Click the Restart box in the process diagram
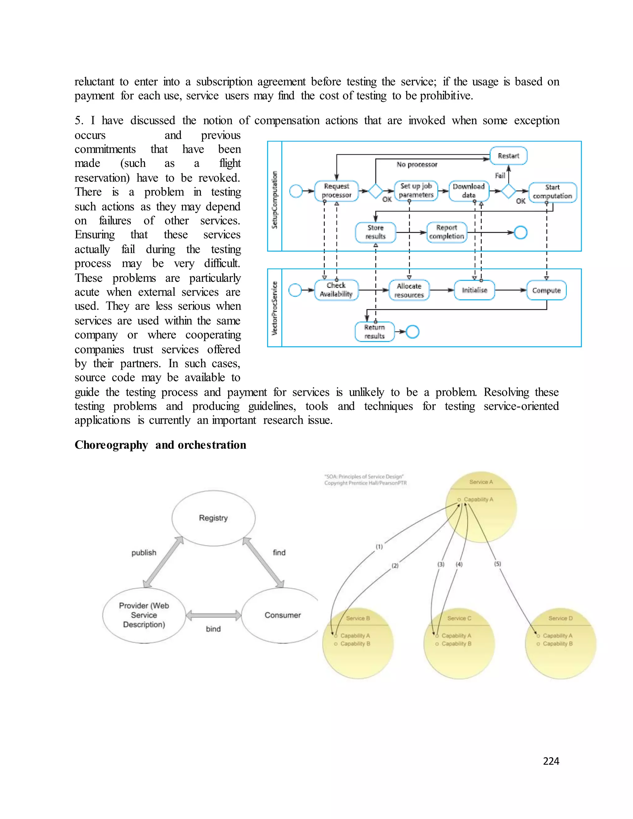(x=508, y=156)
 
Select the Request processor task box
(x=336, y=191)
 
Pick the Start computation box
(x=552, y=192)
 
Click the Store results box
(x=375, y=232)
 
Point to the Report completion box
(x=447, y=232)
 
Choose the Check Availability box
(x=336, y=290)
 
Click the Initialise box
(x=474, y=290)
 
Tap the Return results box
(x=374, y=332)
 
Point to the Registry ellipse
(x=213, y=518)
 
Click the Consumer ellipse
(x=283, y=615)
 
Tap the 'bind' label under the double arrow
(x=213, y=629)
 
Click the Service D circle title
(x=560, y=618)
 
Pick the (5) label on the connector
(x=497, y=564)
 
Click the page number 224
(x=551, y=761)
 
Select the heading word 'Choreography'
(x=111, y=445)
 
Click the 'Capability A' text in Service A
(x=478, y=499)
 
